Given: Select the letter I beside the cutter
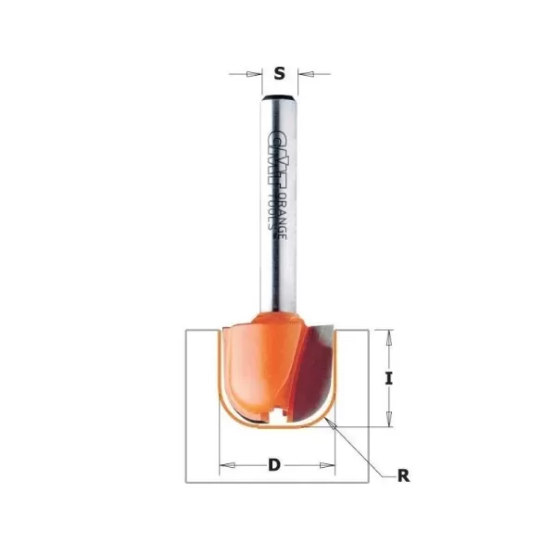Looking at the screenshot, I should click(389, 378).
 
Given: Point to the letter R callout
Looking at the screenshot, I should click(402, 477).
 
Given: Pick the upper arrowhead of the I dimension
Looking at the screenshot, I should click(389, 334).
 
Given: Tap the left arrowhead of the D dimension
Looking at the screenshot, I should click(222, 464).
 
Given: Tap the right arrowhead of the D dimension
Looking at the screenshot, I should click(329, 464).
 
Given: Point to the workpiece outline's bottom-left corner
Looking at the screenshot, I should click(186, 482).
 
